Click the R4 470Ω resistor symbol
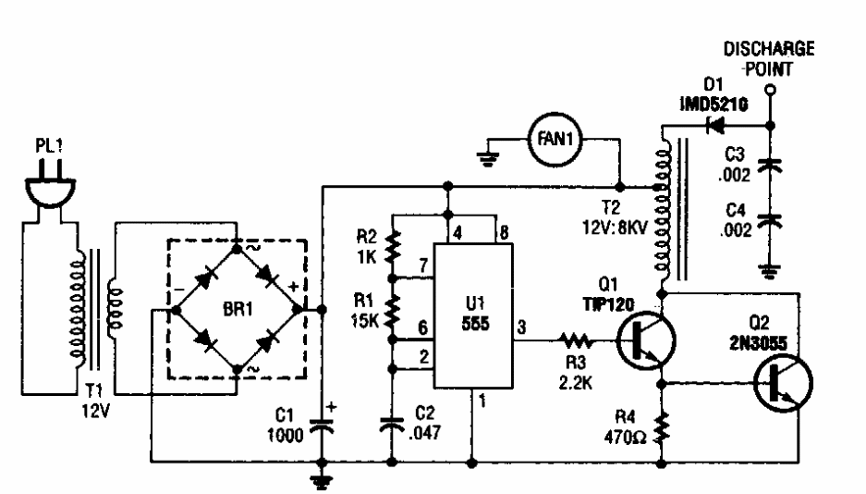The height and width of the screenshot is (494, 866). (x=663, y=427)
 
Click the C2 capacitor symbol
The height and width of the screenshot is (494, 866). (x=392, y=426)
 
